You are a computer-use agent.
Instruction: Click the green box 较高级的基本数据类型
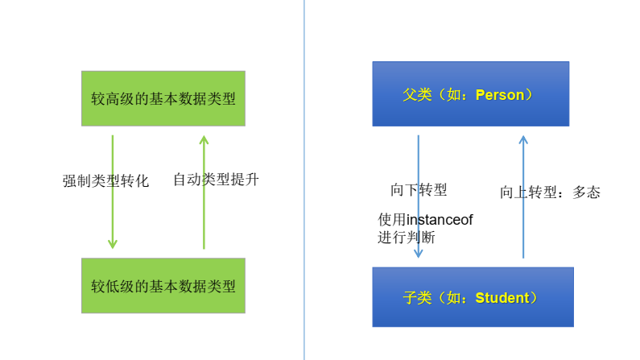(x=163, y=98)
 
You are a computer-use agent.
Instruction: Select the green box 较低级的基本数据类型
(x=163, y=285)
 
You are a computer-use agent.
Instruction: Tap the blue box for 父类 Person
(x=470, y=94)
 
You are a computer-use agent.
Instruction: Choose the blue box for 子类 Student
(x=473, y=297)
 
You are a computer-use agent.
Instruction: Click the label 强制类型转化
(x=105, y=180)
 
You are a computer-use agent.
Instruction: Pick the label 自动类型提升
(x=216, y=179)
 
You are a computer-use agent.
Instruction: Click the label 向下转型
(x=419, y=190)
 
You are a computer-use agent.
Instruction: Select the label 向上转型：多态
(x=550, y=192)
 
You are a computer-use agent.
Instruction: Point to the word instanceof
(x=439, y=220)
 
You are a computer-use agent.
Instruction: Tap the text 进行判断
(x=407, y=238)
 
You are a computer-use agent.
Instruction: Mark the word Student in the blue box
(x=502, y=298)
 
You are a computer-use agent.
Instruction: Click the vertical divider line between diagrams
(x=304, y=180)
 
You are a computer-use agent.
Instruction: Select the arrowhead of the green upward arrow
(x=204, y=141)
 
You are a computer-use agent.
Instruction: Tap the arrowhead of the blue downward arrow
(x=419, y=252)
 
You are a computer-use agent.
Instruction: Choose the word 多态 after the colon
(x=586, y=192)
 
